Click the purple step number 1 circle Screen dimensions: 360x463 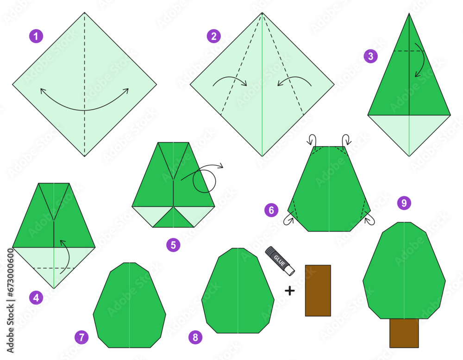pos(36,36)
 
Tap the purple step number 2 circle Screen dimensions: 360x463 pos(213,36)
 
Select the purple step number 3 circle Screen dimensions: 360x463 pos(370,56)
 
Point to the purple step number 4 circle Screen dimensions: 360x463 pos(36,298)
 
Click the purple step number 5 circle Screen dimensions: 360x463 pos(173,245)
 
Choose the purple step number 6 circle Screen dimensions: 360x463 pos(272,211)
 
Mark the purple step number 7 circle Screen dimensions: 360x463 pos(81,337)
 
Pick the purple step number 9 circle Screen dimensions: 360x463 pos(404,203)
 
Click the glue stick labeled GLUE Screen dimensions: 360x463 pos(279,260)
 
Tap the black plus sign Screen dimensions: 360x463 pos(289,291)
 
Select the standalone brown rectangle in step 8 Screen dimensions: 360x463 pos(318,291)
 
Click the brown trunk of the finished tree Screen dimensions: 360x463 pos(404,333)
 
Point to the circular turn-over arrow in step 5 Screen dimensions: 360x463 pos(204,180)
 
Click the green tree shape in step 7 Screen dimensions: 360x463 pos(129,305)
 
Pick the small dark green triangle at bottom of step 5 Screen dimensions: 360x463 pos(174,218)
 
